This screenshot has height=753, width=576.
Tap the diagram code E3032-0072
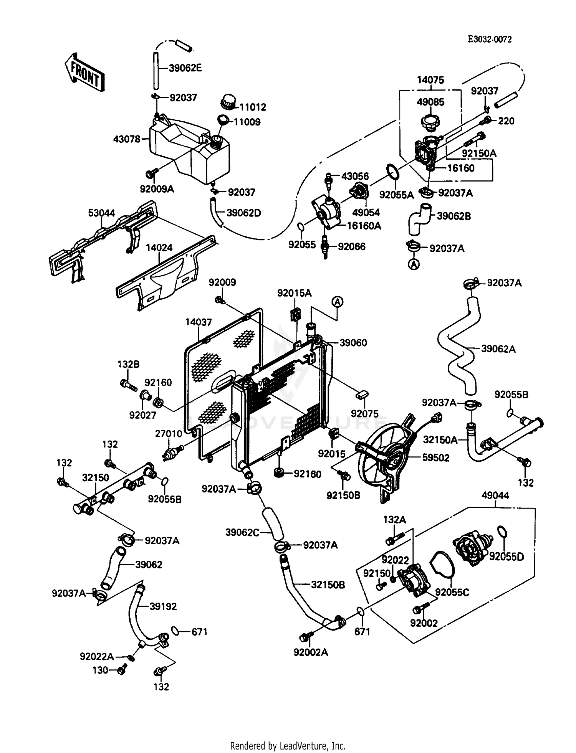(x=489, y=40)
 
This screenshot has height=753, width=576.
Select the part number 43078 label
(x=127, y=139)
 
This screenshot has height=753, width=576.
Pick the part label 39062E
(x=185, y=68)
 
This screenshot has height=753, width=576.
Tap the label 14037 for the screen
(x=199, y=322)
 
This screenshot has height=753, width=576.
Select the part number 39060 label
(x=353, y=343)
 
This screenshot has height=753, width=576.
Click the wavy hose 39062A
(x=457, y=345)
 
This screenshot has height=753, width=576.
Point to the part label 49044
(x=495, y=495)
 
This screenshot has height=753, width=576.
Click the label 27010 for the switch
(x=169, y=434)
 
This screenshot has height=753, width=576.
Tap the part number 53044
(x=101, y=213)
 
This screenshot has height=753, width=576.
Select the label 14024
(x=159, y=248)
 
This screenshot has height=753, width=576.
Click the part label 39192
(x=163, y=606)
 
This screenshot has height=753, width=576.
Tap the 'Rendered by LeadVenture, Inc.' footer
(x=288, y=746)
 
